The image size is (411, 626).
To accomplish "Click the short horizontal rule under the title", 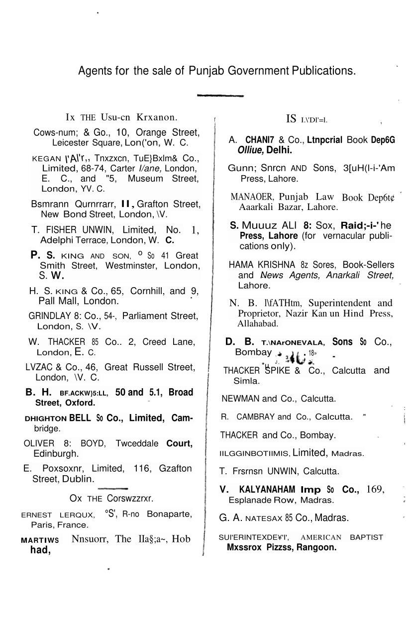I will tap(220, 95).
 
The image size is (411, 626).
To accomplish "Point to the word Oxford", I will tap(79, 402).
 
